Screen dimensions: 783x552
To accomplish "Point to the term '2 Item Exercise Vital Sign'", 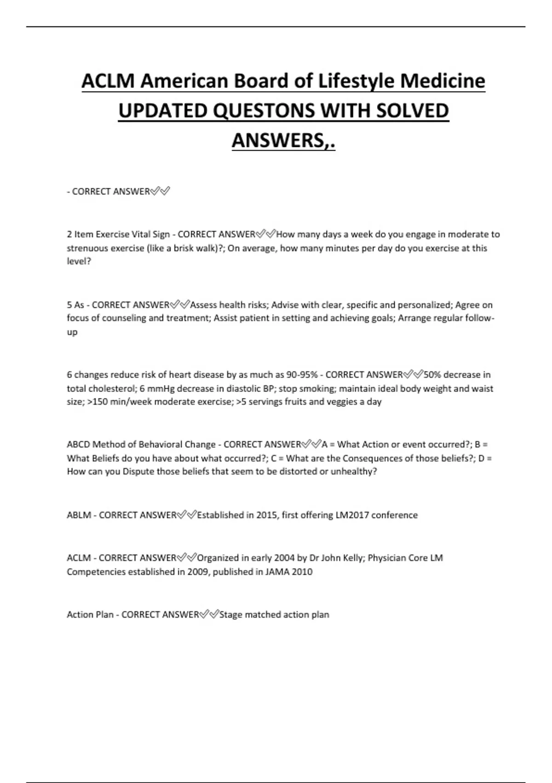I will click(118, 234).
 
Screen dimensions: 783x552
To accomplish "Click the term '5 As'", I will click(75, 305).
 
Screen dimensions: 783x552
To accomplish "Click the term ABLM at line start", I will click(79, 515).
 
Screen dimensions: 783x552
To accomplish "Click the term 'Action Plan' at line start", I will click(90, 615).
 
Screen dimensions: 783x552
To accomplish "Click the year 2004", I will click(284, 558).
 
